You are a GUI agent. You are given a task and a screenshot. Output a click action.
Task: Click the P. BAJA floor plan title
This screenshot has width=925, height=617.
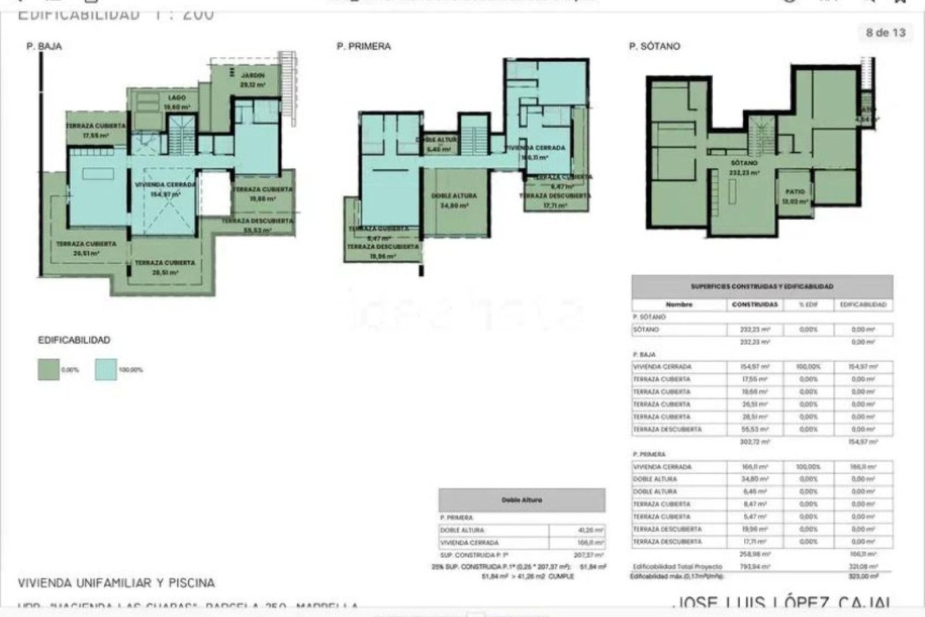(44, 46)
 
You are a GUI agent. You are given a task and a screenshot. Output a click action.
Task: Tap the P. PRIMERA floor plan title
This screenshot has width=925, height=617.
(364, 46)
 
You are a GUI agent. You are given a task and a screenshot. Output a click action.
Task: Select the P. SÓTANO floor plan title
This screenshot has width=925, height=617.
(654, 46)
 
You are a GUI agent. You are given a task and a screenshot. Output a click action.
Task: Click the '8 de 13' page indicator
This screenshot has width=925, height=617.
(885, 33)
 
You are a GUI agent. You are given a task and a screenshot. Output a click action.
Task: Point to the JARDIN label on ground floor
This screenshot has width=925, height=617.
(253, 76)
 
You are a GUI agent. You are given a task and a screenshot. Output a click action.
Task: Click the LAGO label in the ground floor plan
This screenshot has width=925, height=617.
(177, 98)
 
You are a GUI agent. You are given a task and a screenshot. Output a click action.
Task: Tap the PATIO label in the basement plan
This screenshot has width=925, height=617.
(795, 192)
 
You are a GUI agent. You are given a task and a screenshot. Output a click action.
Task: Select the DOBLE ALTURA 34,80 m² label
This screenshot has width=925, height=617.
(454, 196)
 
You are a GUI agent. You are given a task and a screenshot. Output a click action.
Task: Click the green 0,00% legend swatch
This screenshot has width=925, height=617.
(49, 370)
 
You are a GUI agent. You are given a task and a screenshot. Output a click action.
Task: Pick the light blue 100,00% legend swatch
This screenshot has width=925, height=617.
(106, 370)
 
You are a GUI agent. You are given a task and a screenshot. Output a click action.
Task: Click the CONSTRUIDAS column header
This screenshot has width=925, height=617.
(754, 305)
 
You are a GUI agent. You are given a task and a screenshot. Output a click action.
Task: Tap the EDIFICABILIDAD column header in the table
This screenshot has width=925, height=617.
(863, 305)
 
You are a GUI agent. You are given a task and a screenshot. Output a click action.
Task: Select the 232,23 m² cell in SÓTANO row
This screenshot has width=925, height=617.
(754, 330)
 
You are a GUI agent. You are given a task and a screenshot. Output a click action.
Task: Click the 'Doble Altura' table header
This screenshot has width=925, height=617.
(522, 500)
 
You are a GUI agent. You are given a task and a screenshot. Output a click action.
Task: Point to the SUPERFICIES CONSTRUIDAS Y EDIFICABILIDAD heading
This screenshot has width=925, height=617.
(762, 286)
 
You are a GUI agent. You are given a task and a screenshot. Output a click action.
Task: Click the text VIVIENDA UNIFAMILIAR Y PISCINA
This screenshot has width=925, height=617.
(116, 583)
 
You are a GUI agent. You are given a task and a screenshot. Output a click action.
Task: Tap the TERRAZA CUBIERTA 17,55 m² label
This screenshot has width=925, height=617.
(95, 126)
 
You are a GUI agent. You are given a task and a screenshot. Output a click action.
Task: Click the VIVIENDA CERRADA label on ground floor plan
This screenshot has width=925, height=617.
(165, 185)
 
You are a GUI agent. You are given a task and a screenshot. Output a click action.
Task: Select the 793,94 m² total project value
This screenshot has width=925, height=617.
(754, 567)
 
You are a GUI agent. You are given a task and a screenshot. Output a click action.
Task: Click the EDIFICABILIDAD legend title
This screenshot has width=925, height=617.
(74, 340)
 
